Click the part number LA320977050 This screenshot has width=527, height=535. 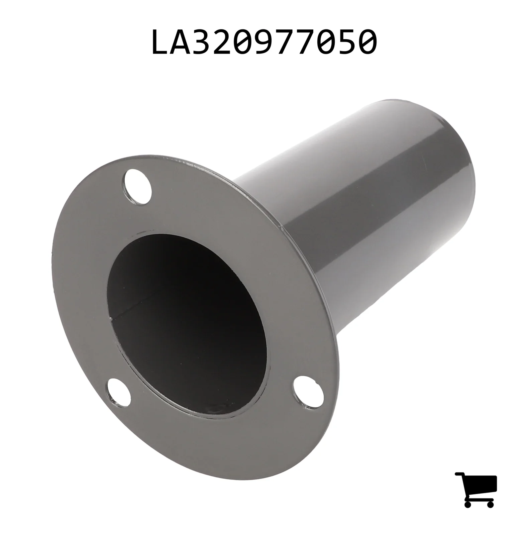[x=264, y=42]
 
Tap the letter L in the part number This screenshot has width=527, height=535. [x=162, y=42]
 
